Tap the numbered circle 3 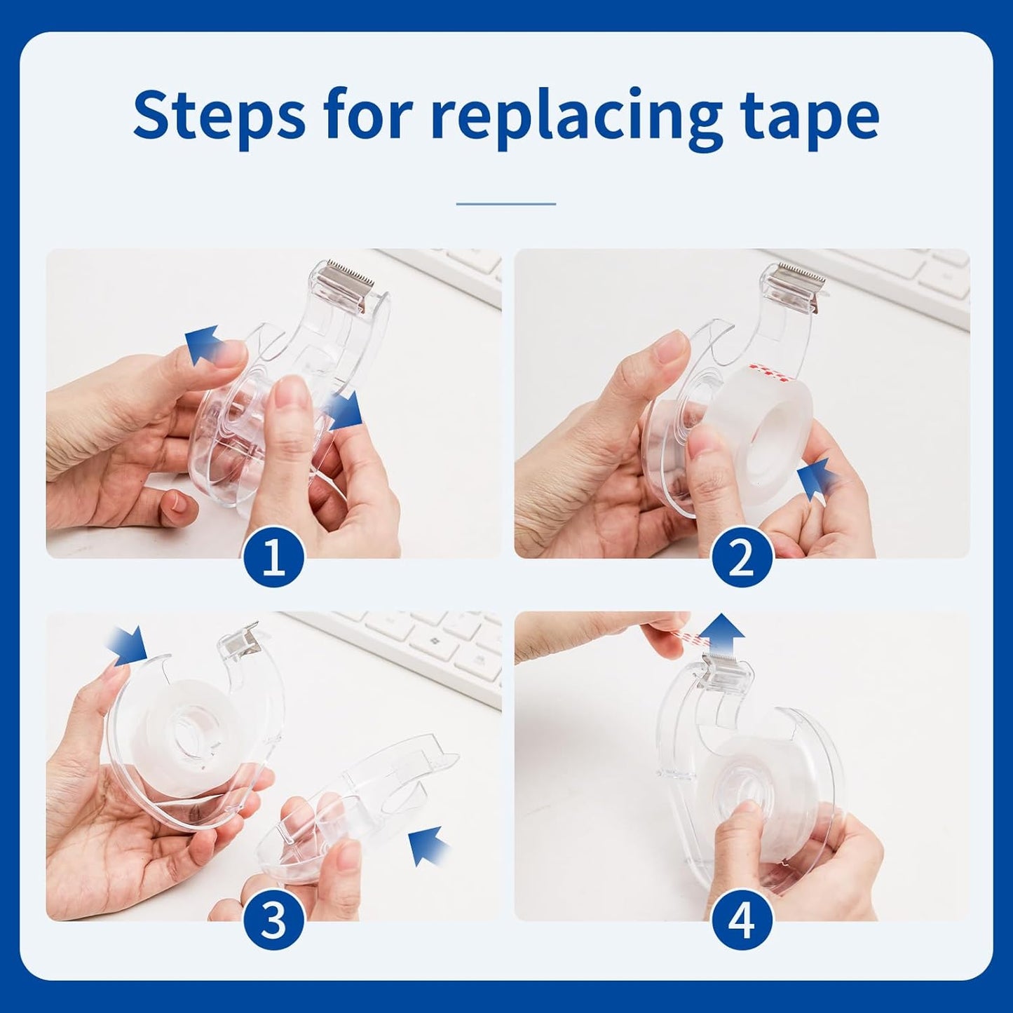click(273, 922)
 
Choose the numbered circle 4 click(742, 922)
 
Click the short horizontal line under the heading click(506, 204)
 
